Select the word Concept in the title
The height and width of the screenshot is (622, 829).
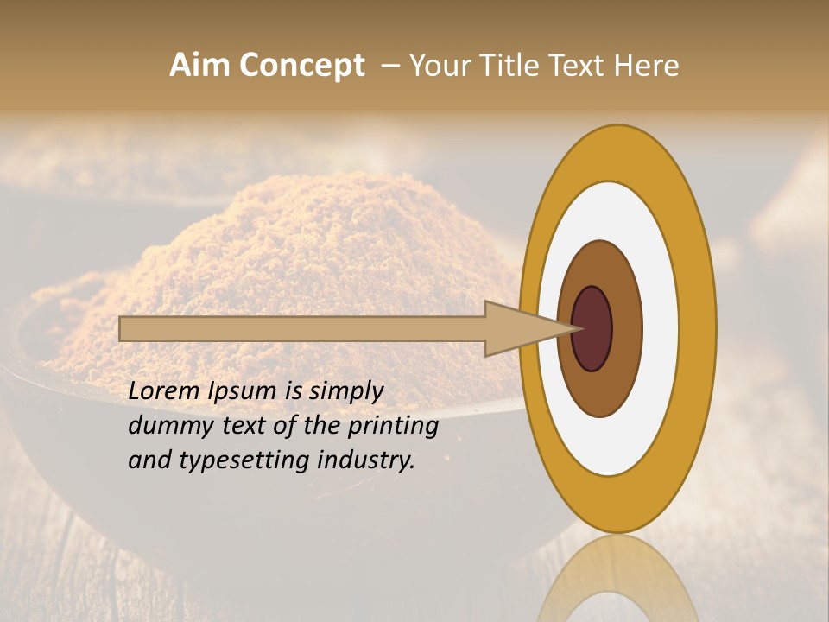(301, 66)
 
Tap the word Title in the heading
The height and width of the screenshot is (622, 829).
(507, 66)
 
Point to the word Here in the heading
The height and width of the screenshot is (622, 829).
(648, 66)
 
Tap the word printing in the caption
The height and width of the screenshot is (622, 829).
(392, 426)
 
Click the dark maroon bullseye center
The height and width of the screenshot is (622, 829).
(592, 329)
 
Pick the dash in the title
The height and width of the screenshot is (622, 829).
(390, 66)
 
